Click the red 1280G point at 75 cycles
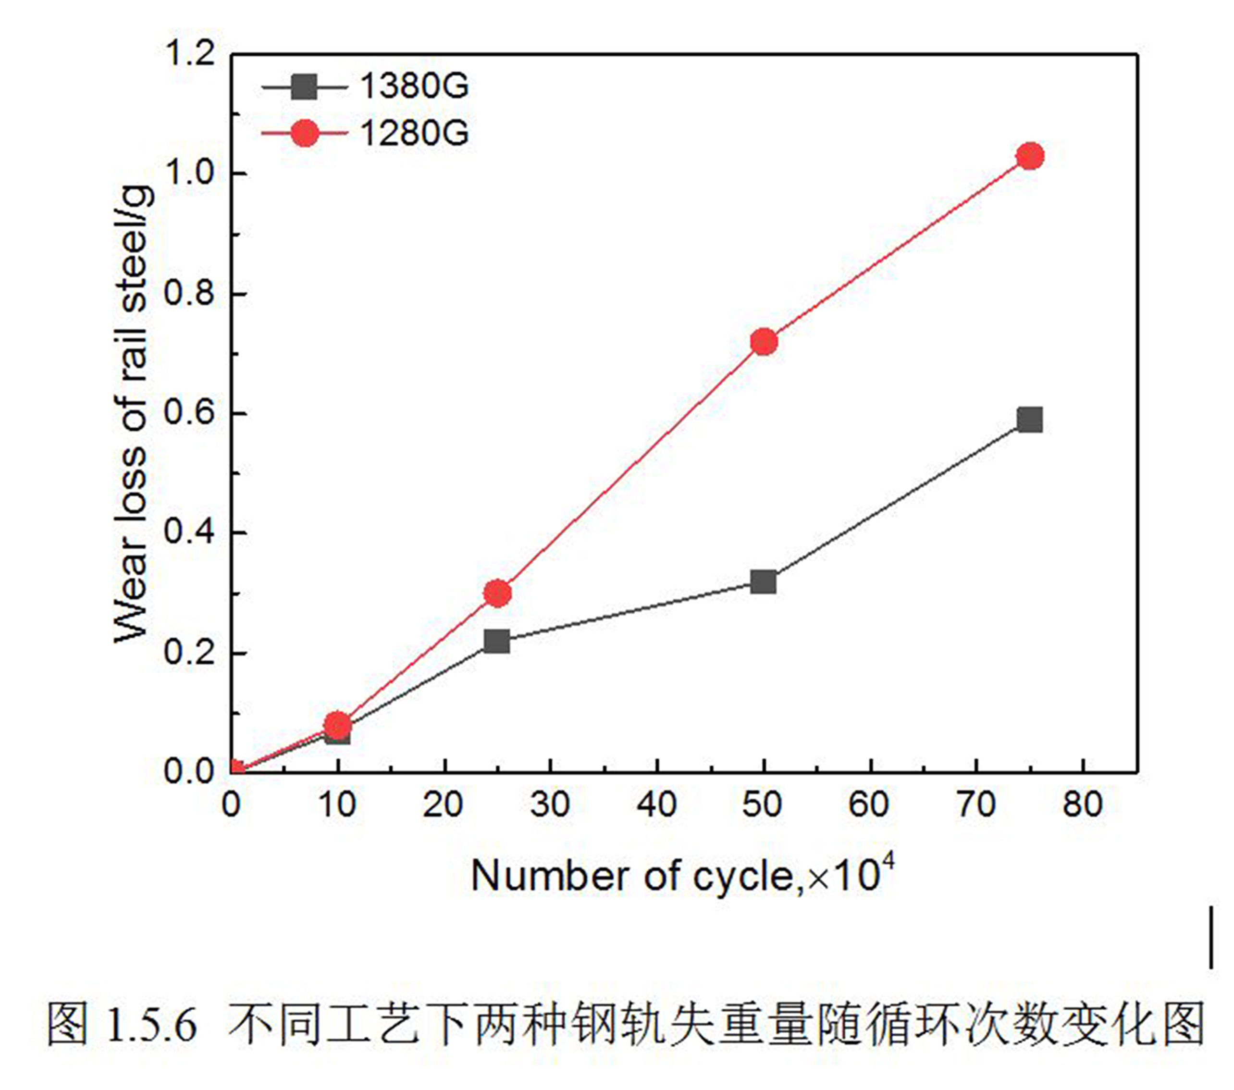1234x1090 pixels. point(1030,156)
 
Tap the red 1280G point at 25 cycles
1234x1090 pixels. point(497,594)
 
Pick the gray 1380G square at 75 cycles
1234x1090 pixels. point(1030,419)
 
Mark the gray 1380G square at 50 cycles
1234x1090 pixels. point(764,582)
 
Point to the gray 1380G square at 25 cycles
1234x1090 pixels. point(497,641)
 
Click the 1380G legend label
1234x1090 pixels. point(414,87)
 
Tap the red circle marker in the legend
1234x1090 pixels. point(304,133)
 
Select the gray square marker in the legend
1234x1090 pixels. point(304,87)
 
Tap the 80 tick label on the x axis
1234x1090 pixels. point(1083,805)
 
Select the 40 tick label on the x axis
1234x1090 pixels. point(657,805)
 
